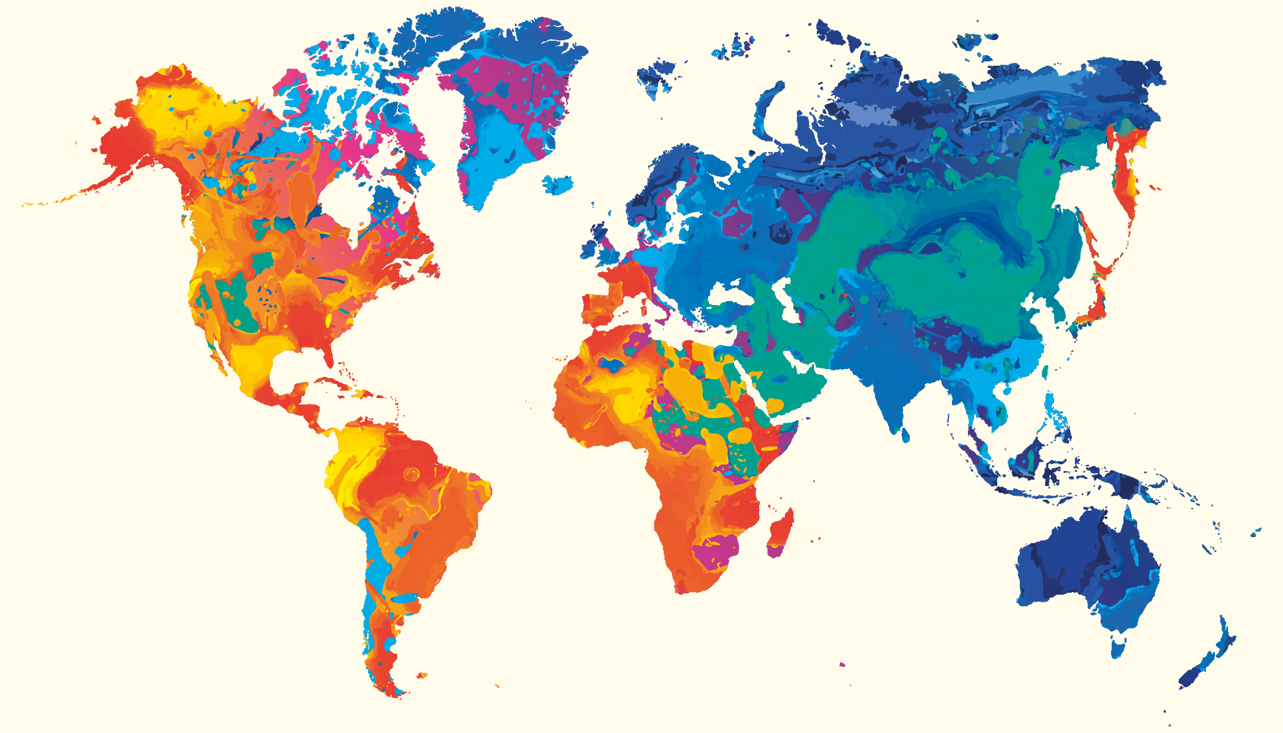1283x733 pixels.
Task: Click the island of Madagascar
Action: (780, 533)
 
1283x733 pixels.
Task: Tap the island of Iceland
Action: (557, 185)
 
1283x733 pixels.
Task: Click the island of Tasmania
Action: (1117, 646)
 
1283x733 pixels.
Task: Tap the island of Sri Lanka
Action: (905, 436)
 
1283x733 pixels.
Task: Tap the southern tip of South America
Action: (391, 692)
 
